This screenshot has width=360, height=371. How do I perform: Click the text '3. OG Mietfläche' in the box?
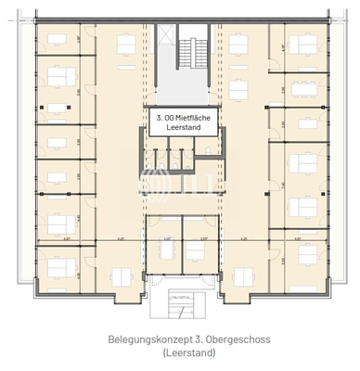click(x=181, y=119)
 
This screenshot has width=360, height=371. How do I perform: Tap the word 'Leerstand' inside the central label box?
click(x=181, y=131)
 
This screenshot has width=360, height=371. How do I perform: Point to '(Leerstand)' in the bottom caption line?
click(x=181, y=353)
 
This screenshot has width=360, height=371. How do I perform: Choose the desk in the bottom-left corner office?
click(x=58, y=269)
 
